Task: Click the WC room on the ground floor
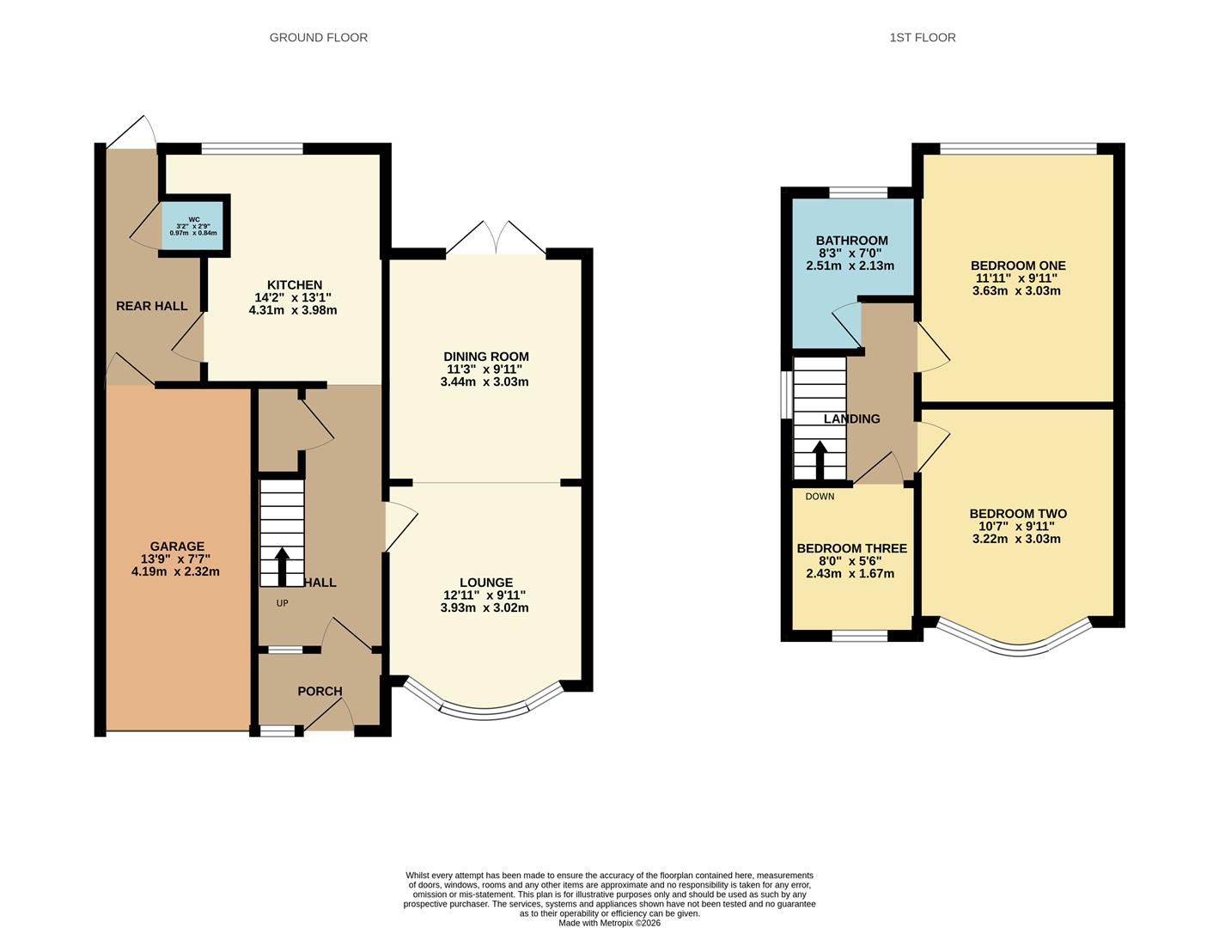[193, 225]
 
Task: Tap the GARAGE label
[177, 546]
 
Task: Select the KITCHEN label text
[294, 285]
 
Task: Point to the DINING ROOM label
[485, 357]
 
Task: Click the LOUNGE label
[485, 583]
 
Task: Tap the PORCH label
[320, 692]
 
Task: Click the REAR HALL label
[151, 306]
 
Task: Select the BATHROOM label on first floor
[851, 241]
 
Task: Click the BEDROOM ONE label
[1017, 266]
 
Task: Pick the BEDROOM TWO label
[1017, 514]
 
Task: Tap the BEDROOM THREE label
[851, 548]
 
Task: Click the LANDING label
[851, 419]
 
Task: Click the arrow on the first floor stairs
[820, 460]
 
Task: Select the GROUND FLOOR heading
[318, 38]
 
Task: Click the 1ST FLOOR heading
[923, 38]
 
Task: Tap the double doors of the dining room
[496, 239]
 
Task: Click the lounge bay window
[484, 708]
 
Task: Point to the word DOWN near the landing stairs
[820, 497]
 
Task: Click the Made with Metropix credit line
[609, 923]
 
